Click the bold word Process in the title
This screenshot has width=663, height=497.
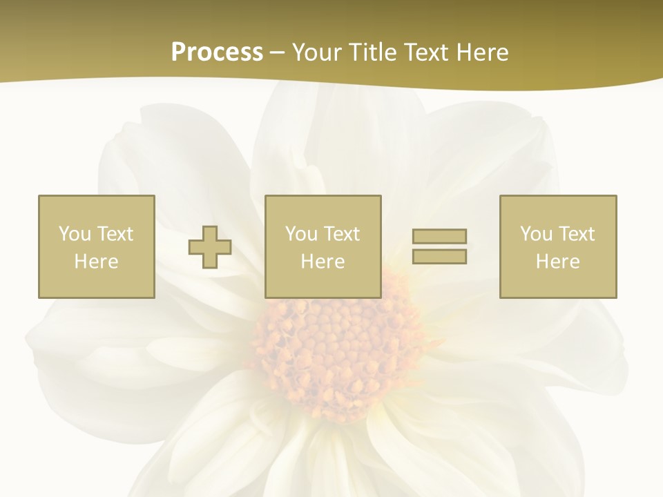point(217,52)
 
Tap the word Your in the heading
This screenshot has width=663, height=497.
point(318,52)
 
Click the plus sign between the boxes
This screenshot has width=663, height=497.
point(210,247)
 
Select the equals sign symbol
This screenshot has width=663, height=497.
point(439,246)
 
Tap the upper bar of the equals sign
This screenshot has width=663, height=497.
point(439,237)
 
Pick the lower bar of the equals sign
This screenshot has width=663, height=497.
point(439,256)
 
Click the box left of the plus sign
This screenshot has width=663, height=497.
point(97,246)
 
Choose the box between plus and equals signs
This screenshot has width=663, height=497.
point(323,246)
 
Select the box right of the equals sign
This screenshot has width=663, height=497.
point(558,246)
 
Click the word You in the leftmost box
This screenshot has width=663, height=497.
point(75,234)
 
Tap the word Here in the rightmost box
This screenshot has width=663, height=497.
point(558,262)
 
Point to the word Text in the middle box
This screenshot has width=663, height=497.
point(341,234)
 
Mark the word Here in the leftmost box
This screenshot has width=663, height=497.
point(97,262)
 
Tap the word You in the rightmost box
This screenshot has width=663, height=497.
point(536,234)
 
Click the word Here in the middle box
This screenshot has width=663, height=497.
point(323,262)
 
